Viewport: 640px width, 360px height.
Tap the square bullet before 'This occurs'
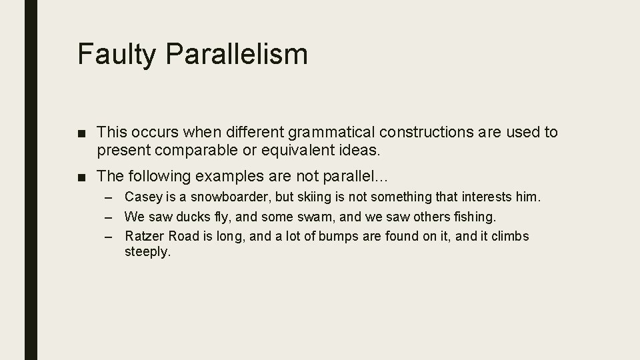[82, 133]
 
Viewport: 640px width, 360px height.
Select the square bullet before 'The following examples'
[82, 177]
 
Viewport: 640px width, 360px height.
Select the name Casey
[141, 197]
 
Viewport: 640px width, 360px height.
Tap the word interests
[479, 197]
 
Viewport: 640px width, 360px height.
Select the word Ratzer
[142, 236]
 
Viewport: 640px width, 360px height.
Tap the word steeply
[148, 253]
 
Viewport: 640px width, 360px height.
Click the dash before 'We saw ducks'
[115, 217]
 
